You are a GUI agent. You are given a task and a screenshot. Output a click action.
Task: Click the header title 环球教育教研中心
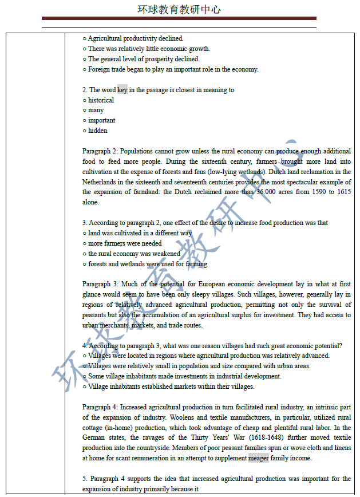[179, 9]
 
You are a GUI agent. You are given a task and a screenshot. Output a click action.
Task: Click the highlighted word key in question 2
[122, 90]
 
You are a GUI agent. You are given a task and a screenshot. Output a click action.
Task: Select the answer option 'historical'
[101, 100]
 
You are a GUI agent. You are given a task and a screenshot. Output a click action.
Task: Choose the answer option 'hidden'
[97, 131]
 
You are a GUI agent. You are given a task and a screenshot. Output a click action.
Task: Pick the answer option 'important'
[101, 120]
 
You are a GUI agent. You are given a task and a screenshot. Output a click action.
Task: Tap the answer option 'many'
[96, 110]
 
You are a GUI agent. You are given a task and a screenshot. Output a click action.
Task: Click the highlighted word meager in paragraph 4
[258, 458]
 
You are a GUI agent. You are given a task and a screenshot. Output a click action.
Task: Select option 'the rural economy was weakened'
[134, 254]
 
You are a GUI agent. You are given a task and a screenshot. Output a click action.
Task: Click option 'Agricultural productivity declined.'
[136, 38]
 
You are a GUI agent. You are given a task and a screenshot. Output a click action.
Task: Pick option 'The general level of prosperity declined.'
[144, 59]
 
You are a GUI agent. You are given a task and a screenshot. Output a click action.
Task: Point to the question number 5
[84, 479]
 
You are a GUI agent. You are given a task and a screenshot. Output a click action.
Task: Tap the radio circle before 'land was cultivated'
[85, 234]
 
